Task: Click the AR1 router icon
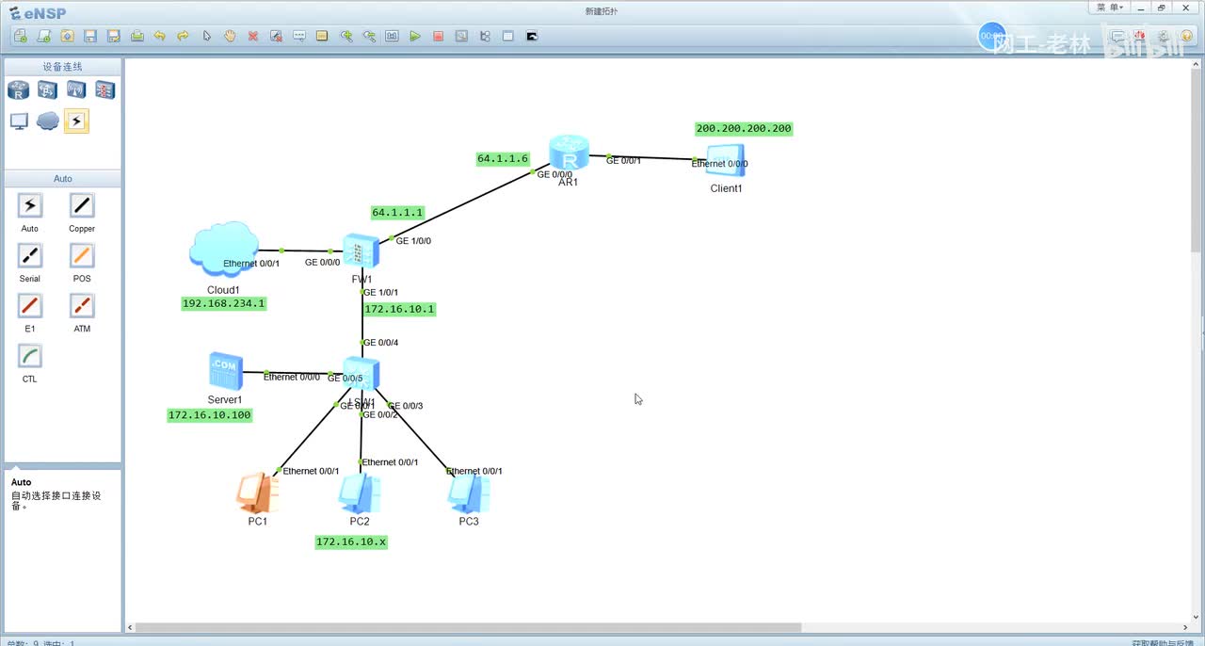(x=569, y=151)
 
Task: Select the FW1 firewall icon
(x=361, y=251)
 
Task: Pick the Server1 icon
(x=225, y=372)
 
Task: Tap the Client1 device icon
(x=726, y=161)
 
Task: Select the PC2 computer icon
(x=360, y=493)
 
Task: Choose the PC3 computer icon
(x=469, y=493)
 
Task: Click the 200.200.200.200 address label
(x=744, y=128)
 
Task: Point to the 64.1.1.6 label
(x=503, y=159)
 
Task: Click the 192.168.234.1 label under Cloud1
(x=224, y=303)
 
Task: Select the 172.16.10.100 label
(x=210, y=414)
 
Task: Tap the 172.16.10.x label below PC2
(x=351, y=541)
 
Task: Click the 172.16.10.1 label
(x=400, y=309)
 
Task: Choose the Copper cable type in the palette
(x=82, y=205)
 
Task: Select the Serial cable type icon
(x=30, y=255)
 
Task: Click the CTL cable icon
(x=30, y=356)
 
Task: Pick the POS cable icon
(x=82, y=255)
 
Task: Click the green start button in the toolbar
(x=415, y=36)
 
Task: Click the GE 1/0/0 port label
(x=413, y=241)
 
